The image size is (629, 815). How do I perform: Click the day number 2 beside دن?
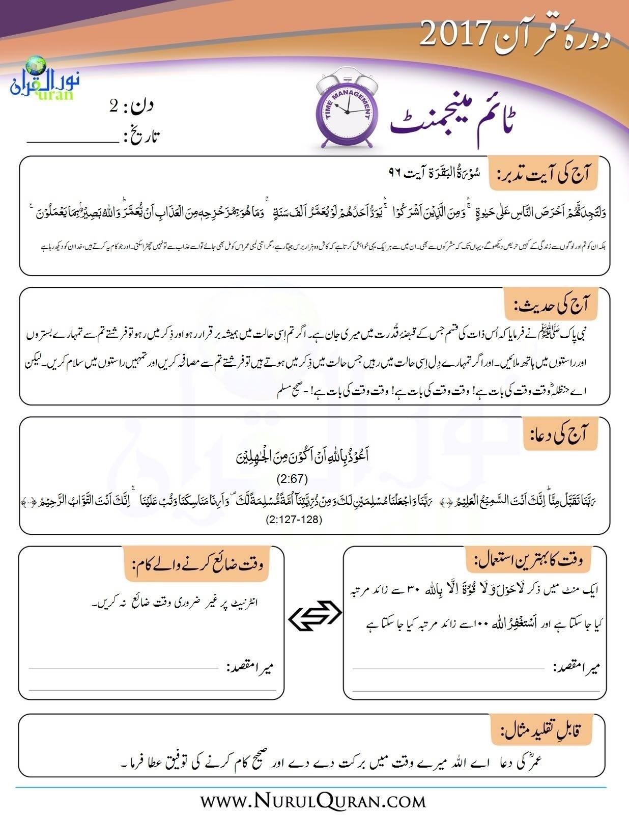pos(115,106)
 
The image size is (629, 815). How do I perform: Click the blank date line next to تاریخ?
pos(71,138)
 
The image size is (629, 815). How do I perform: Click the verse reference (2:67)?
pos(292,479)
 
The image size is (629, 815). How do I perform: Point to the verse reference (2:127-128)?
pos(294,520)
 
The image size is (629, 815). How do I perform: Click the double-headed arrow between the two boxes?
pos(314,616)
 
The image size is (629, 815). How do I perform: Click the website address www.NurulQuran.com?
pos(313,800)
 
